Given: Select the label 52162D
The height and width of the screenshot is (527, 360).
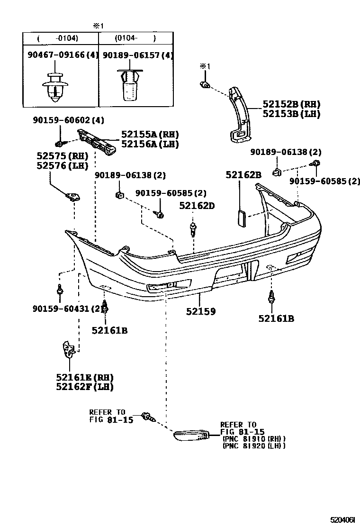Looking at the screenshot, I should (x=197, y=206).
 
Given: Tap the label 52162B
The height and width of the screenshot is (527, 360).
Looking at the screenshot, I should (x=243, y=175).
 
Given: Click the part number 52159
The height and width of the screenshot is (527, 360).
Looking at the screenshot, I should (x=201, y=311).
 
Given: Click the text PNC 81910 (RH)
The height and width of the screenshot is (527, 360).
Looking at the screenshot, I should (x=253, y=439).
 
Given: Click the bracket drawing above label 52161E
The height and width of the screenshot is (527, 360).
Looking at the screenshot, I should (x=69, y=349).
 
